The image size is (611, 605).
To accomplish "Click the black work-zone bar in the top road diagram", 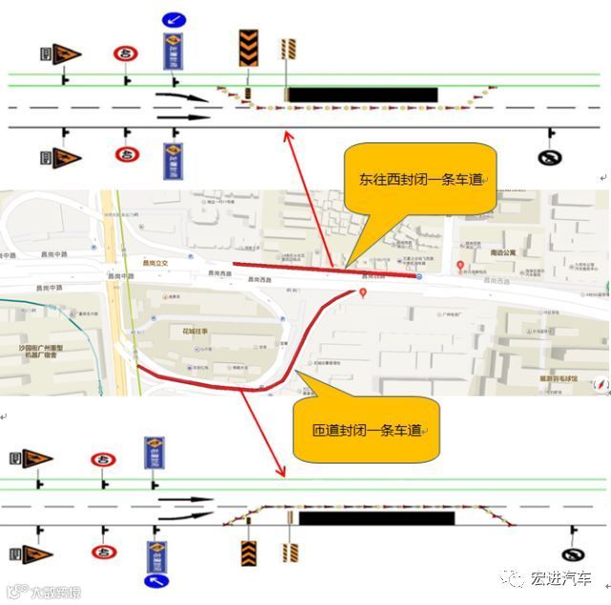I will [x=363, y=95].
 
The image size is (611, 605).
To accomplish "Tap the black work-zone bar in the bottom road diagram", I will [x=376, y=518].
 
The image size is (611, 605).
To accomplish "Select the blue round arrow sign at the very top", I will [x=173, y=18].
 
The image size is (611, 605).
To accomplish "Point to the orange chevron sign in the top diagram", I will [x=248, y=48].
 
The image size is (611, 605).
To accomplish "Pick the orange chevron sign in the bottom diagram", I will [x=249, y=552].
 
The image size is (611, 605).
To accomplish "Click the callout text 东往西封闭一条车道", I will [x=420, y=179].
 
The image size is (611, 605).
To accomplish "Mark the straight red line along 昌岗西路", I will [x=325, y=271].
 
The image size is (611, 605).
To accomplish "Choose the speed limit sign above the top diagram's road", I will [x=125, y=54].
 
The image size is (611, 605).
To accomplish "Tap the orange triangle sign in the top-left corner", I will [x=66, y=54].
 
